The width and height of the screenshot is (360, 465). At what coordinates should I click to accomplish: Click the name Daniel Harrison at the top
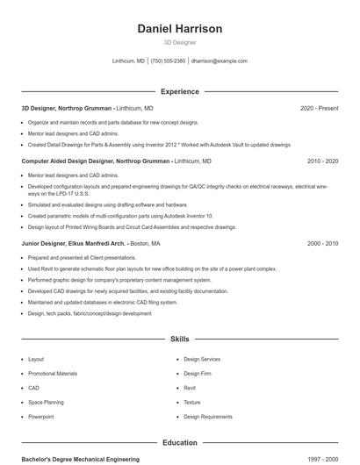[x=180, y=29]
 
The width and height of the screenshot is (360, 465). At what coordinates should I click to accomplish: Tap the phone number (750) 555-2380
[x=169, y=61]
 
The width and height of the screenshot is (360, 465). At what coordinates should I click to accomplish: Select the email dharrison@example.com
[x=220, y=61]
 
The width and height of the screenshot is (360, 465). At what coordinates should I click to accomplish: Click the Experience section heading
[x=180, y=91]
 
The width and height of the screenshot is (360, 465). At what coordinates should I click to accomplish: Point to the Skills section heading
[x=180, y=339]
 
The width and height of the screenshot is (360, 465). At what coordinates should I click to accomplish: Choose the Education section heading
[x=180, y=443]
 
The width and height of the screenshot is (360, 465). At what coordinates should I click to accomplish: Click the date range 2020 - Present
[x=319, y=108]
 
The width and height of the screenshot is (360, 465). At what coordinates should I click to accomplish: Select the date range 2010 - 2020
[x=322, y=161]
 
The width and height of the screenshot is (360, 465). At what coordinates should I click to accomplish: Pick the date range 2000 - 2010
[x=322, y=243]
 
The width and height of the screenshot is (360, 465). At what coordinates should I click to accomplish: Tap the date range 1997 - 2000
[x=322, y=459]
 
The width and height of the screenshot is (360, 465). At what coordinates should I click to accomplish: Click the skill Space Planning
[x=46, y=402]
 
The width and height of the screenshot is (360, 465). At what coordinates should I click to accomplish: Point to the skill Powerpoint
[x=40, y=416]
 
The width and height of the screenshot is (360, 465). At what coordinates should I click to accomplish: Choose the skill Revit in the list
[x=190, y=388]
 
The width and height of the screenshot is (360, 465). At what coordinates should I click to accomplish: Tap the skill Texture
[x=192, y=402]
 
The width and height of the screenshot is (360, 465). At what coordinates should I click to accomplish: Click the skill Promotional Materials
[x=53, y=374]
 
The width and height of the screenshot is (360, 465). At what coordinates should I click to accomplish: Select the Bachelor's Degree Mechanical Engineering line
[x=80, y=459]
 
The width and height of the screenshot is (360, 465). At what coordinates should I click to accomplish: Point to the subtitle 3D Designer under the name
[x=180, y=42]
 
